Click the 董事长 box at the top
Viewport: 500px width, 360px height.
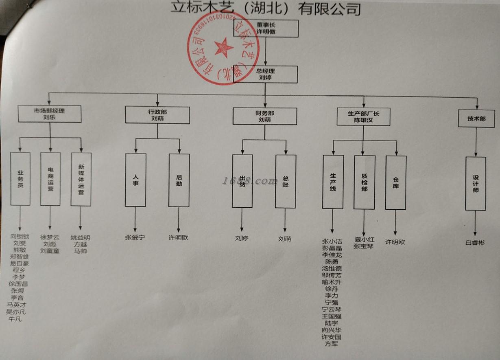pos(266,28)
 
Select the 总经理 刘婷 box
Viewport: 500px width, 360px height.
pos(265,74)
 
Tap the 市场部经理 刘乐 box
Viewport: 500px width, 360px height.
pos(50,114)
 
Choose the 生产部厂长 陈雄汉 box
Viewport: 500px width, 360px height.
pos(363,117)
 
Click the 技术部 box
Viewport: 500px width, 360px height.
pos(476,119)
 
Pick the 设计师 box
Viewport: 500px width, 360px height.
pos(476,183)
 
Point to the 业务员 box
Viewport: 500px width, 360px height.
pos(20,178)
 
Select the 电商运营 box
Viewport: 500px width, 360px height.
pos(50,179)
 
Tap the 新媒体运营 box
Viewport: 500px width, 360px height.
pos(81,179)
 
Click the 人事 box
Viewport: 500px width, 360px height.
pos(135,180)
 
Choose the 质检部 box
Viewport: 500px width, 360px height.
pos(364,182)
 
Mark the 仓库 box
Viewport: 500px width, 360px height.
pos(395,182)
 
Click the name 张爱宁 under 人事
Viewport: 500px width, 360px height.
pos(135,237)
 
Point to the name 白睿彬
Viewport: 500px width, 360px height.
pos(475,243)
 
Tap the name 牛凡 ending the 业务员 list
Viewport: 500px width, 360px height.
pos(15,319)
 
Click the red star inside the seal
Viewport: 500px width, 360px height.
pos(223,47)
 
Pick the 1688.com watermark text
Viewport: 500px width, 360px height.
pos(250,181)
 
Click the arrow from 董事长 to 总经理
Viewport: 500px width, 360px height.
pos(266,52)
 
